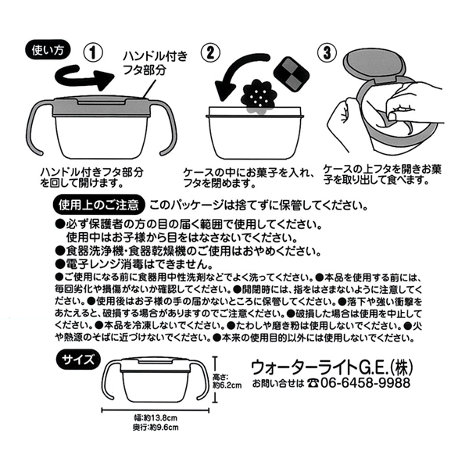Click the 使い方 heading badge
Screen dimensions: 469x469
[x=48, y=50]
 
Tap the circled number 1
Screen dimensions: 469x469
[x=93, y=52]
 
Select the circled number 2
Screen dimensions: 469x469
[x=210, y=53]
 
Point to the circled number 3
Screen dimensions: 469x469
[x=328, y=53]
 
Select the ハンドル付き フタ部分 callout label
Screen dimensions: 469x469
[x=156, y=63]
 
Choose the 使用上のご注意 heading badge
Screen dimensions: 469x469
[x=98, y=205]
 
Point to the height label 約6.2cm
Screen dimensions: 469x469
[x=227, y=385]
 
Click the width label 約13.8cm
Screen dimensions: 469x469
[x=156, y=418]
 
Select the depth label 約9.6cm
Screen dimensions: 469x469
[x=156, y=428]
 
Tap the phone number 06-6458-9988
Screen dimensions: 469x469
[x=365, y=382]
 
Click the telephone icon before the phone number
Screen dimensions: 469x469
[x=313, y=383]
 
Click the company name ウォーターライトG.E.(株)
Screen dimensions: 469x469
[x=331, y=367]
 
